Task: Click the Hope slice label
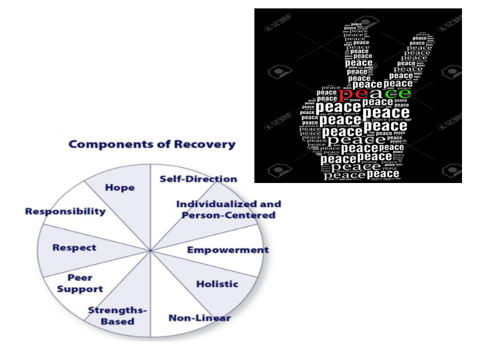click(x=119, y=187)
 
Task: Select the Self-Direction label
click(x=198, y=179)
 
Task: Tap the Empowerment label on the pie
click(x=227, y=250)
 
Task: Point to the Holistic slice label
click(x=217, y=284)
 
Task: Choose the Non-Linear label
click(x=199, y=318)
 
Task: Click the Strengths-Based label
click(x=118, y=316)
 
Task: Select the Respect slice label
click(x=74, y=247)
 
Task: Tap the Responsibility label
click(x=65, y=211)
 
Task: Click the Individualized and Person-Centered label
click(x=228, y=209)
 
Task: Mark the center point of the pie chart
click(x=149, y=250)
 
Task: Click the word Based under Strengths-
click(x=118, y=322)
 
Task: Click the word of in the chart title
click(x=161, y=145)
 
